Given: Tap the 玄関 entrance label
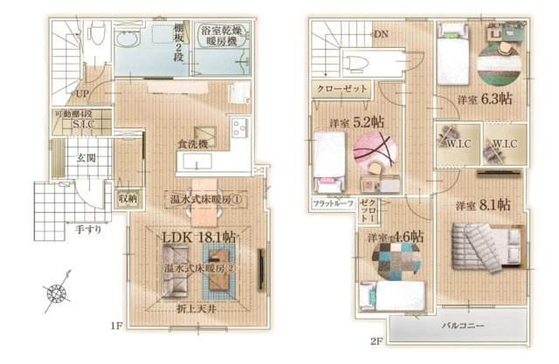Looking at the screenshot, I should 85,158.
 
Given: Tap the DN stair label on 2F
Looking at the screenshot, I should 381,35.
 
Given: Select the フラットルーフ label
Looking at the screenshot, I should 333,204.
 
